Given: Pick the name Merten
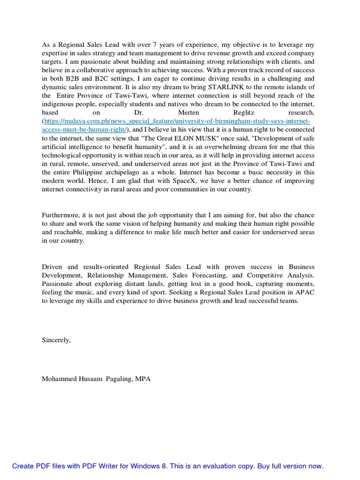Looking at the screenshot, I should coord(189,112).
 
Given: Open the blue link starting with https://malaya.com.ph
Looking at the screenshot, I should coord(175,121).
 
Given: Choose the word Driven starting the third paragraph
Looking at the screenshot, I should coord(52,267).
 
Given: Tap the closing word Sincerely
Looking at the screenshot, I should coord(56,340).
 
